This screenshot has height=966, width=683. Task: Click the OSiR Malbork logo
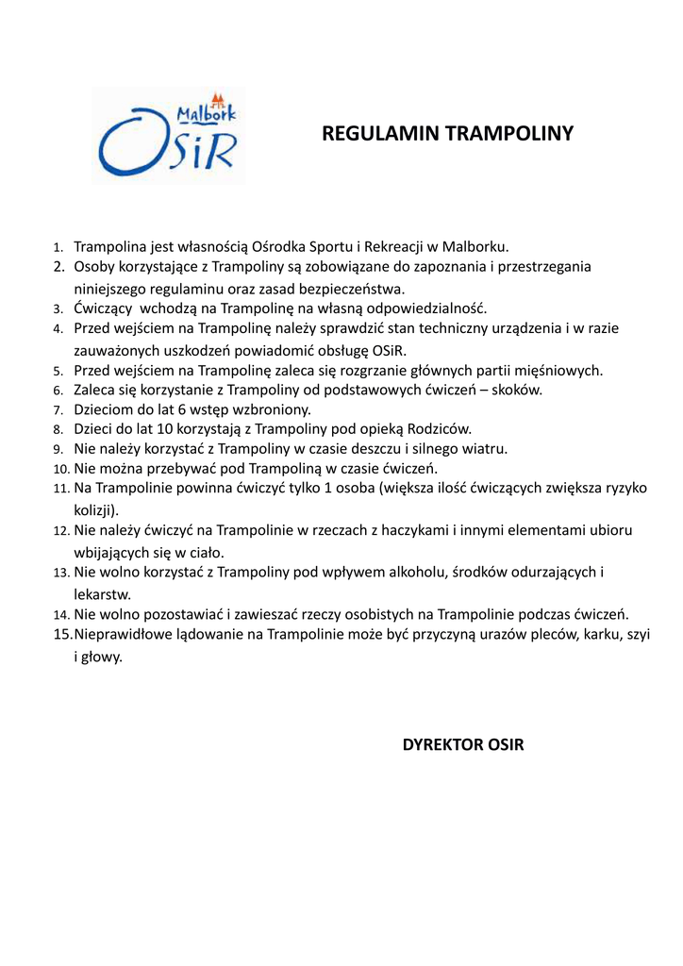[x=168, y=135]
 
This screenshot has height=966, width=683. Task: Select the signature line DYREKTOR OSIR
[x=462, y=745]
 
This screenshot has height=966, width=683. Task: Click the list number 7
[x=58, y=410]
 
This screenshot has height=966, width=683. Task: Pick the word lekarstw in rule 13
[x=101, y=594]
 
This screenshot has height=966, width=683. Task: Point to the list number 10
[x=60, y=469]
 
